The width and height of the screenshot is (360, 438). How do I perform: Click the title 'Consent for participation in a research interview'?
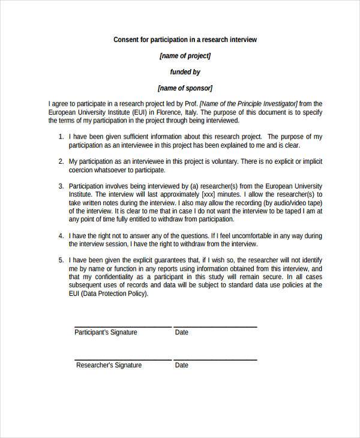[185, 40]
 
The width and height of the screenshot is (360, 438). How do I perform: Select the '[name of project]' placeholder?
[185, 56]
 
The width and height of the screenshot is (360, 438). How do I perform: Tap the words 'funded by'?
[185, 72]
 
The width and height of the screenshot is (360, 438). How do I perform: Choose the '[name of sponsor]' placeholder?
[185, 88]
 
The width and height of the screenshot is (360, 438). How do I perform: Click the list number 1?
[61, 137]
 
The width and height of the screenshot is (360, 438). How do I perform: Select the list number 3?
[61, 187]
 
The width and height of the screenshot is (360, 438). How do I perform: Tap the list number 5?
[61, 261]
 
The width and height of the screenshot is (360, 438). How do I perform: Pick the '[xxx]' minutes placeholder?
[208, 195]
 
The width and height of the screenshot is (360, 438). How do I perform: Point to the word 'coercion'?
[82, 170]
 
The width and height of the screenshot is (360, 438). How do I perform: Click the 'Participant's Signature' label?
[106, 332]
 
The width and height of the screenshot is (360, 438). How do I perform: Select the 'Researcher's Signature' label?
[108, 365]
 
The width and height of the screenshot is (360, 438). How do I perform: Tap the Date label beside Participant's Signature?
[181, 332]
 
